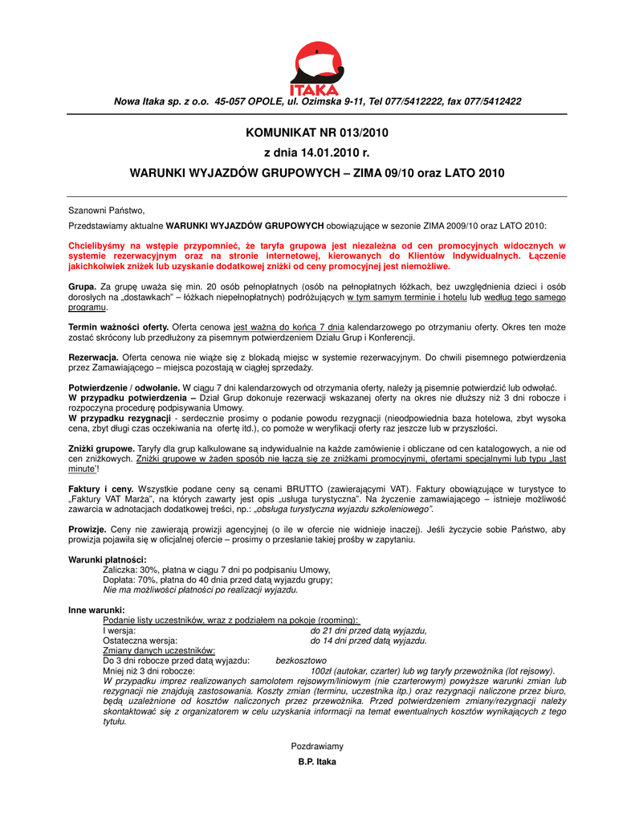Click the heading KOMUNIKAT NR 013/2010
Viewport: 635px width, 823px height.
(x=317, y=132)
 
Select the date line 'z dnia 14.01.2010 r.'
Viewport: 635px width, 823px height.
(x=317, y=152)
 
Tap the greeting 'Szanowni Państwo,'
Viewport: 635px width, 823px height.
(x=106, y=210)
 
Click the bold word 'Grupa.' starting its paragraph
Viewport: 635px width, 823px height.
(x=83, y=287)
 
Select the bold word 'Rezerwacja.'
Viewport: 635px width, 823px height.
(x=94, y=358)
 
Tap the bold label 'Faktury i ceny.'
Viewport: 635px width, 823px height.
(x=101, y=489)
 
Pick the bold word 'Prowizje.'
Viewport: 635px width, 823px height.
(x=88, y=530)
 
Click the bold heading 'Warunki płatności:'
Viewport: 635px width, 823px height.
(x=108, y=559)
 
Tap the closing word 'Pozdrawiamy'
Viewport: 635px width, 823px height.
(x=317, y=747)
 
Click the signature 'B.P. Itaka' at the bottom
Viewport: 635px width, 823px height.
(x=317, y=762)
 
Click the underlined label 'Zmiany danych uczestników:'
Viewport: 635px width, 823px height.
(x=159, y=650)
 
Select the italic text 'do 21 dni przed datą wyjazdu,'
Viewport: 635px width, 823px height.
(x=368, y=630)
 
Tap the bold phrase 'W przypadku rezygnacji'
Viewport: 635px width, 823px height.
(x=120, y=419)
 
